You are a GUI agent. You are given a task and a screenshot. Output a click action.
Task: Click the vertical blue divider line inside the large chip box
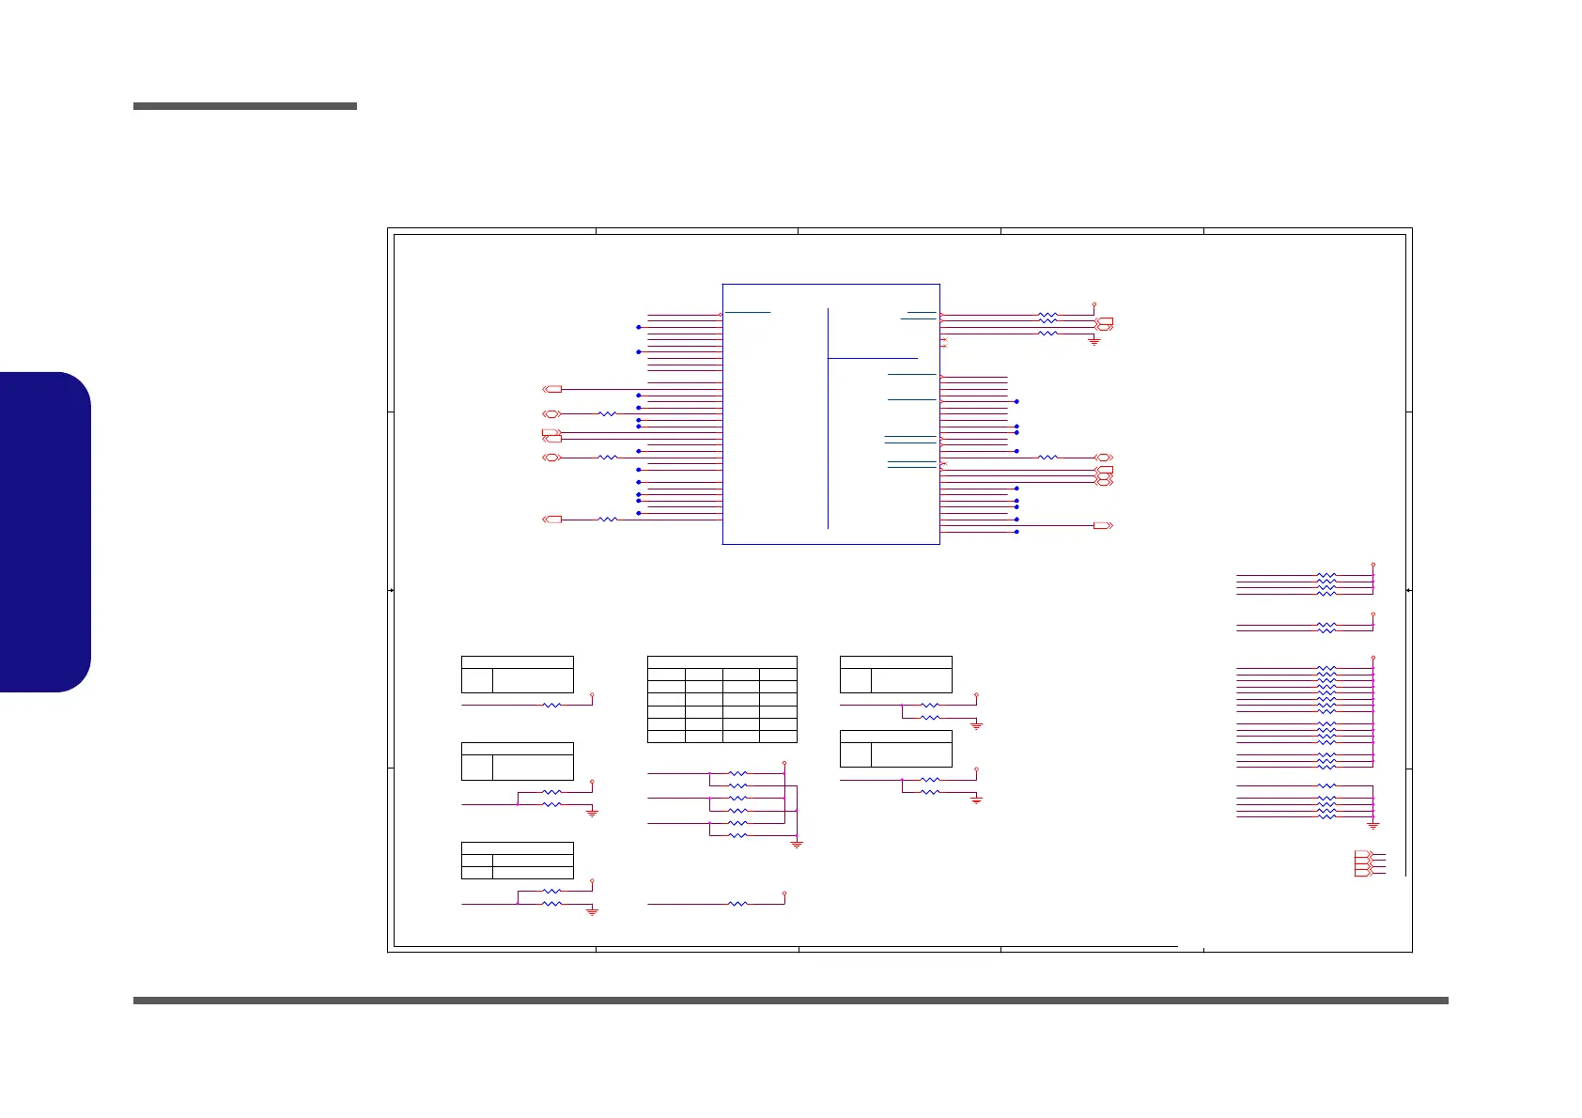coord(829,418)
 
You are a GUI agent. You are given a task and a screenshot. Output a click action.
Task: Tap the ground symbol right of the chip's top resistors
coord(1093,341)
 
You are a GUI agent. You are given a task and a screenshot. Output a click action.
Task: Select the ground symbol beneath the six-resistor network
coord(797,844)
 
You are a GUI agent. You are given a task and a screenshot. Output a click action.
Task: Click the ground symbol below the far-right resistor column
coord(1373,826)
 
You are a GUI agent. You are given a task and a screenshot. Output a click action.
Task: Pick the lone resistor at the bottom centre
coord(738,904)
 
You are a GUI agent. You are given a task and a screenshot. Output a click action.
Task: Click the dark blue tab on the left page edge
coord(45,532)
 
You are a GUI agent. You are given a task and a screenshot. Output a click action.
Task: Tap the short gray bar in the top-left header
coord(244,106)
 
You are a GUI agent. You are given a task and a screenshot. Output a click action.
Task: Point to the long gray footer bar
coord(790,1002)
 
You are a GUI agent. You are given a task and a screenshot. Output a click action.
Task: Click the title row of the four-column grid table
coord(721,662)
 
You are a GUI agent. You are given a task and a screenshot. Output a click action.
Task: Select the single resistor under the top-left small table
coord(551,705)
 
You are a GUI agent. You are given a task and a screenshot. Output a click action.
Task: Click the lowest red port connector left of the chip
coord(552,520)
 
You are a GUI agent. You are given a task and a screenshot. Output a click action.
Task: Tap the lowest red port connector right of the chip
coord(1103,525)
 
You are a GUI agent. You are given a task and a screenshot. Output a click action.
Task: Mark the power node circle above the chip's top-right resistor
coord(1094,304)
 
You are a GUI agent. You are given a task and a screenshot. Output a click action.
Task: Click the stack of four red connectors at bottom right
coord(1364,863)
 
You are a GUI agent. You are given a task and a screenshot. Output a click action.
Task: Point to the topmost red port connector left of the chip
coord(552,389)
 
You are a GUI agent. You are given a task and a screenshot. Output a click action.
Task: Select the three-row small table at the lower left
coord(517,861)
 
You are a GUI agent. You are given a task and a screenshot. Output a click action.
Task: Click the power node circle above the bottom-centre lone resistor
coord(784,893)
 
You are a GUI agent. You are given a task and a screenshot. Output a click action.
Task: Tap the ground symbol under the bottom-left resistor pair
coord(592,911)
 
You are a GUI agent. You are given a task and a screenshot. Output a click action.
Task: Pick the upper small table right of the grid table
coord(895,675)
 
